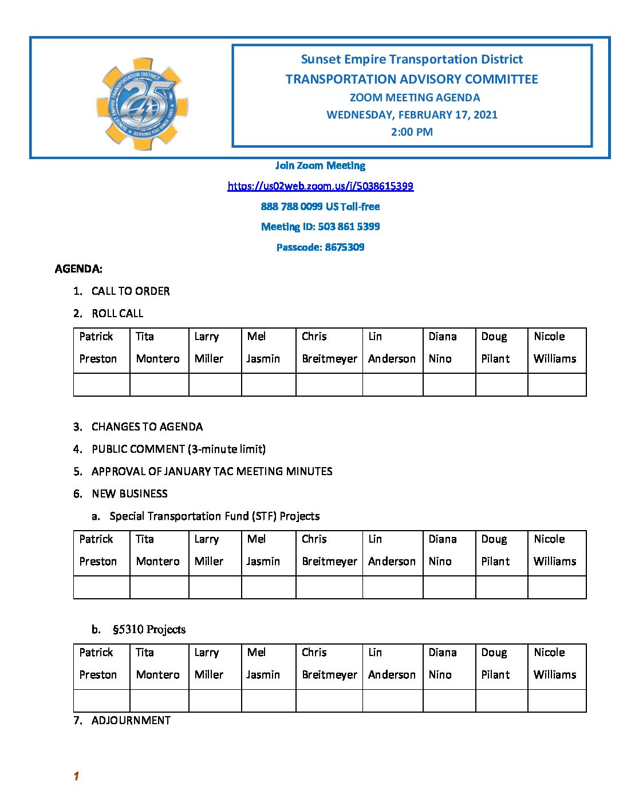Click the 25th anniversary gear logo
[x=142, y=104]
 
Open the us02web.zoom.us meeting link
[x=320, y=186]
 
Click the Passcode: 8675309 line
[x=320, y=247]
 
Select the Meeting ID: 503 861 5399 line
[x=320, y=227]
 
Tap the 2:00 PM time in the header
[x=412, y=132]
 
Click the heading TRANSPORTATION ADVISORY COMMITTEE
[x=412, y=80]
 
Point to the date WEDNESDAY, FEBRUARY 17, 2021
[x=412, y=114]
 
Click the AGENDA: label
[x=78, y=268]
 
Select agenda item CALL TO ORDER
[x=131, y=291]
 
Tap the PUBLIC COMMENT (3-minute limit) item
[x=178, y=449]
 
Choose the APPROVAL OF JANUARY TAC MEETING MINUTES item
[x=212, y=471]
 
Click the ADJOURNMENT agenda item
[x=131, y=720]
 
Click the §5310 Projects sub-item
[x=149, y=630]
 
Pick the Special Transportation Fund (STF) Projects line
[x=214, y=516]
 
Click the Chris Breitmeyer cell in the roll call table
[x=329, y=347]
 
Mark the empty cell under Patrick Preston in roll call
[x=101, y=385]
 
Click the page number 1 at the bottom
[x=76, y=776]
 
